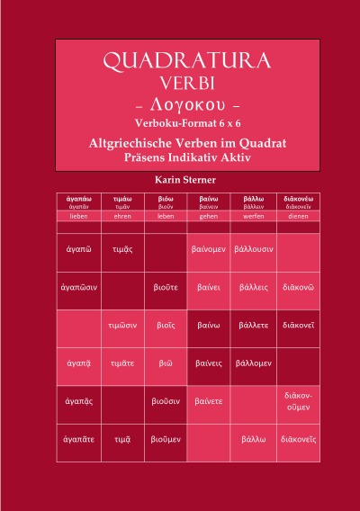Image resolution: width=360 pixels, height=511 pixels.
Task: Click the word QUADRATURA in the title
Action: pos(186,61)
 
